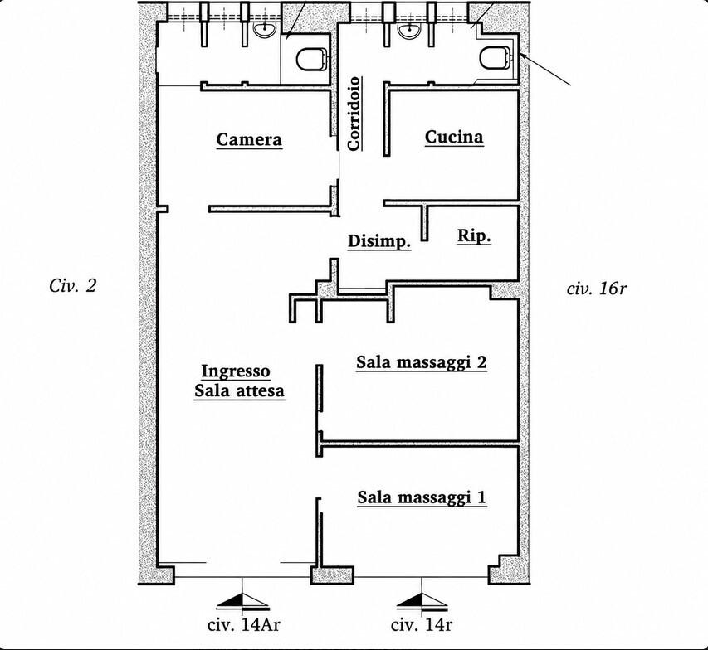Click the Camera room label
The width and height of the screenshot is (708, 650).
249,139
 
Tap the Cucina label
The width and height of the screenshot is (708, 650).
454,137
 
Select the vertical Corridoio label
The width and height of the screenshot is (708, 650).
354,114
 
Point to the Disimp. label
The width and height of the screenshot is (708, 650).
379,241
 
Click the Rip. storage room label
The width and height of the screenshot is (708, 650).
474,236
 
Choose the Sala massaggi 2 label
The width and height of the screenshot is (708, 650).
422,362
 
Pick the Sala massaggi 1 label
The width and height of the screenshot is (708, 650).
422,497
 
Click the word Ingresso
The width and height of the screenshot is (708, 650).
236,371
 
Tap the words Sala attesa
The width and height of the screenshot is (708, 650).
239,390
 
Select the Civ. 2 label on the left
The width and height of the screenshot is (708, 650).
73,285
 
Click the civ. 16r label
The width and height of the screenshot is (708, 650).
597,289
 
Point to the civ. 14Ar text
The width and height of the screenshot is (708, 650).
244,625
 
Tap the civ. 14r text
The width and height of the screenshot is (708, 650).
422,625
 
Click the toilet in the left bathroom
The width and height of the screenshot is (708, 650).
312,60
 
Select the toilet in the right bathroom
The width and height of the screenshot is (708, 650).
496,58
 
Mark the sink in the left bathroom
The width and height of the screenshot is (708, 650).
265,30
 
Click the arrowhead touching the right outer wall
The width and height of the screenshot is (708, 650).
523,56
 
